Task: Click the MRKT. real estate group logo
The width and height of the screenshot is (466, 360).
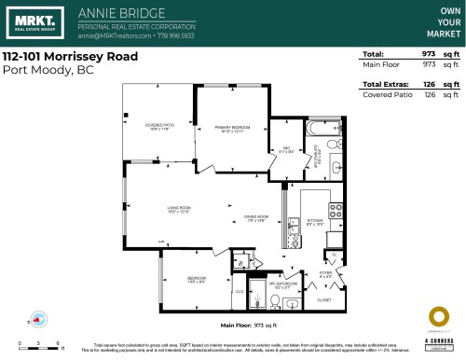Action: coord(30,22)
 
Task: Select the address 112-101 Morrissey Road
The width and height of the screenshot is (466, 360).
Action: coord(70,57)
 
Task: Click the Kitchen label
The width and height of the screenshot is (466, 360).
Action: coord(315,222)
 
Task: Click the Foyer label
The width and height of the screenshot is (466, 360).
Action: coord(325,274)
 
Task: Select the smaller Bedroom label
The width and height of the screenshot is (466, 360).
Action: coord(196,279)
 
